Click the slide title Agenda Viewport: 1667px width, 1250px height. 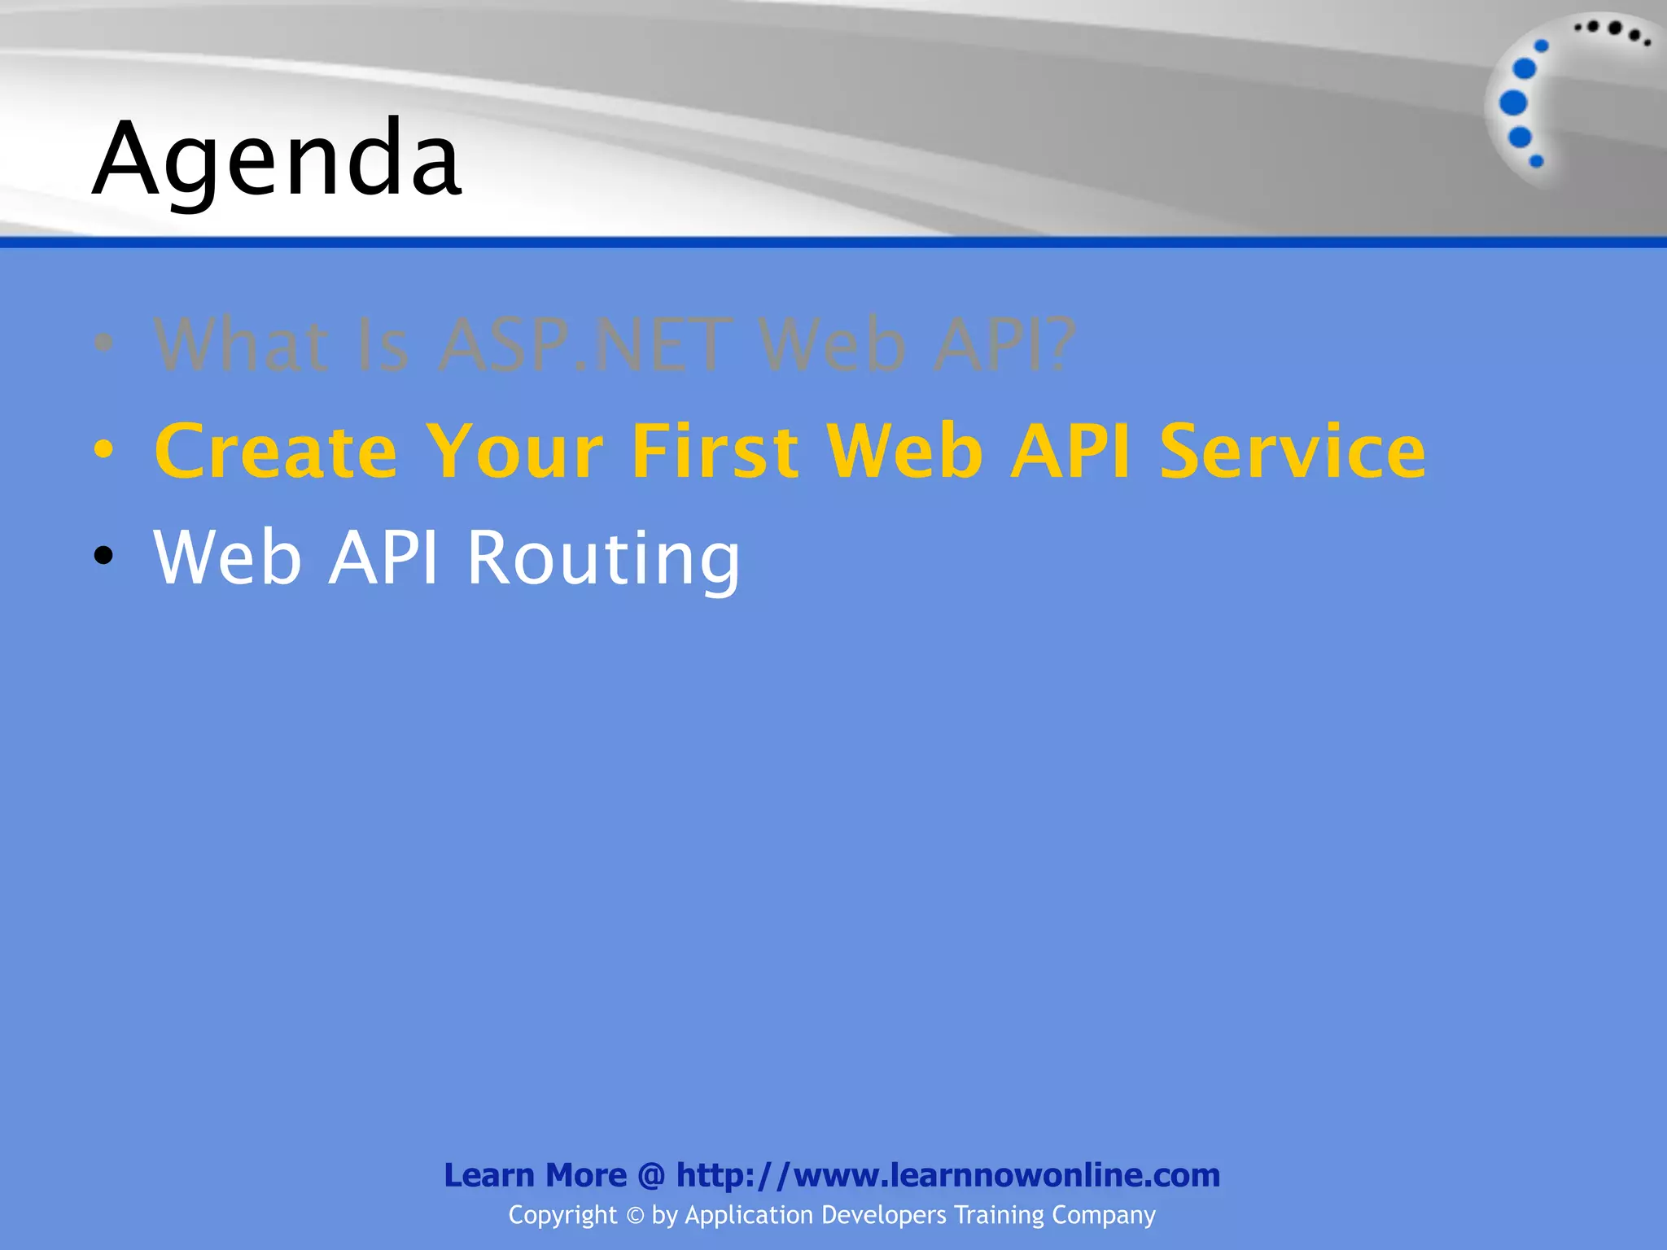coord(277,159)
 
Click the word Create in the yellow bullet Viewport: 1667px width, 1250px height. coord(276,452)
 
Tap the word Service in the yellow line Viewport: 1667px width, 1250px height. coord(1292,452)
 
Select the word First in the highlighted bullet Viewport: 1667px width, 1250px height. coord(715,452)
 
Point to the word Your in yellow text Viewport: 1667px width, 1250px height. coord(515,452)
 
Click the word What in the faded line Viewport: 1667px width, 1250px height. coord(242,346)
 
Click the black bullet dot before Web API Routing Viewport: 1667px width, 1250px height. coord(103,556)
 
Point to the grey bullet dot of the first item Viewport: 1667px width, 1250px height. coord(103,343)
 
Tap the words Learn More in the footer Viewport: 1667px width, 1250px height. coord(535,1175)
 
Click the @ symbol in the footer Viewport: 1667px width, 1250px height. coord(651,1176)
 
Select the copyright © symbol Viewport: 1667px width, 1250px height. coord(635,1216)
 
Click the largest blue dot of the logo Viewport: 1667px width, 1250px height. coord(1513,103)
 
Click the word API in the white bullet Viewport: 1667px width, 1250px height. coord(383,558)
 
